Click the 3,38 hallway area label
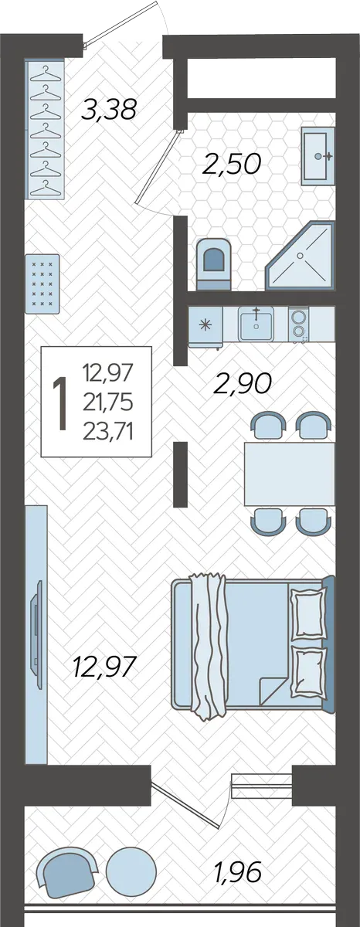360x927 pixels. click(109, 110)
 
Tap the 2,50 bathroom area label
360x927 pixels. click(232, 164)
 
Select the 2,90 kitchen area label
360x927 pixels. click(243, 383)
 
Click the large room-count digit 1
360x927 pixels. click(60, 404)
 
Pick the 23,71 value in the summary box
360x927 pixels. click(108, 433)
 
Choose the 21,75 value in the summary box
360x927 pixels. click(108, 402)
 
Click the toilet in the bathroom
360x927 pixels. click(213, 263)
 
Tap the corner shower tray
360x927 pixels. click(300, 256)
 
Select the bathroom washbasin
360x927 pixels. click(318, 156)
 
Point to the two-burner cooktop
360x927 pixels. click(298, 324)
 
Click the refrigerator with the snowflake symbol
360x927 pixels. click(205, 326)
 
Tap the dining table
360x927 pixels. click(289, 474)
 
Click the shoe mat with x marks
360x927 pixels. click(42, 284)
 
